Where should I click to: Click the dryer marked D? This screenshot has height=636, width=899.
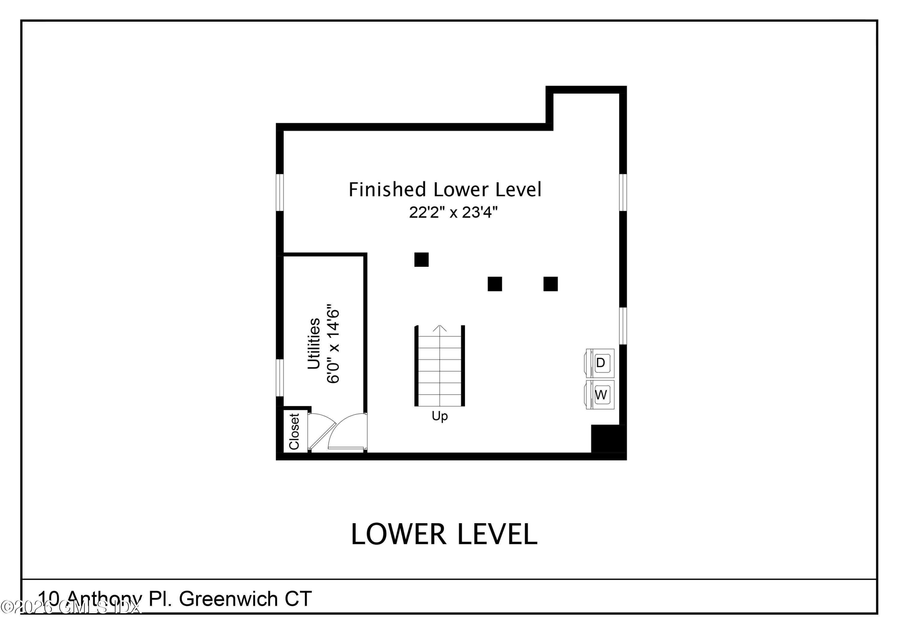pyautogui.click(x=600, y=363)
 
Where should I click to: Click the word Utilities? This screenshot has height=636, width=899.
pyautogui.click(x=314, y=344)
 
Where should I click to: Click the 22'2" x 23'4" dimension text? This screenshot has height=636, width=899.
pyautogui.click(x=453, y=213)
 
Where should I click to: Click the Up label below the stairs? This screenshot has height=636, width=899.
pyautogui.click(x=439, y=416)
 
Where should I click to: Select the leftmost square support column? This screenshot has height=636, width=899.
pyautogui.click(x=421, y=259)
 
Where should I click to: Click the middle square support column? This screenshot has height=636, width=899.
pyautogui.click(x=494, y=284)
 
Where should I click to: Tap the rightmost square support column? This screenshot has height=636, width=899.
pyautogui.click(x=550, y=284)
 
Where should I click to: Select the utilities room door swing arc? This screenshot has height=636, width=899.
pyautogui.click(x=345, y=429)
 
